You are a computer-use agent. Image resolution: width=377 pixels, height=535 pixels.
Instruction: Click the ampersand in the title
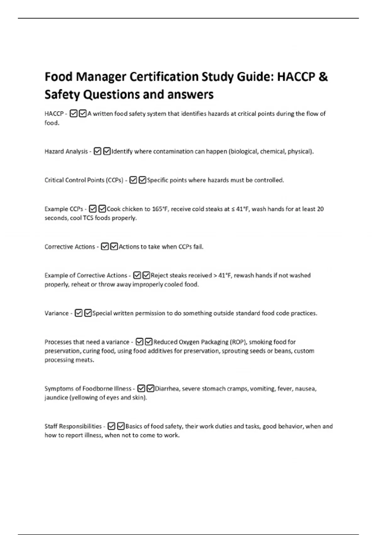tap(323, 77)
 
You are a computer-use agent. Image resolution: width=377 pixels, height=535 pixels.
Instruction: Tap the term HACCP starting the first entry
tap(54, 114)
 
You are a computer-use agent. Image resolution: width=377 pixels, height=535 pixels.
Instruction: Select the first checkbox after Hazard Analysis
tap(97, 151)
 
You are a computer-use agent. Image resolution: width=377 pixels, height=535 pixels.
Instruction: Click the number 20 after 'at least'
tap(320, 209)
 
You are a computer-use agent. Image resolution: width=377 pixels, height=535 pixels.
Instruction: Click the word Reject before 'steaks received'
tap(159, 275)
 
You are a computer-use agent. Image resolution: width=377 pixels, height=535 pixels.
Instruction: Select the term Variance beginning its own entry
tap(57, 313)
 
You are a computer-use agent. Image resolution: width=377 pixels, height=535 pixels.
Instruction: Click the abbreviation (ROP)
tap(238, 342)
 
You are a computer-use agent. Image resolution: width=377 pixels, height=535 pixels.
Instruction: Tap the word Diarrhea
tap(167, 389)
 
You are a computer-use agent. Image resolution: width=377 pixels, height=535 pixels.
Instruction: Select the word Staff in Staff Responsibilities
tap(51, 426)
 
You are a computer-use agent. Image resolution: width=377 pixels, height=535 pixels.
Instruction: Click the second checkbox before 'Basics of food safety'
tap(121, 426)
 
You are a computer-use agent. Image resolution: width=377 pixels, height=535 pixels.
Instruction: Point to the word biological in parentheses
tap(244, 151)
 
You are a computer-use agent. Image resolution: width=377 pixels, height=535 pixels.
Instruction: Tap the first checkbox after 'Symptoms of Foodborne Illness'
tap(141, 389)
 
